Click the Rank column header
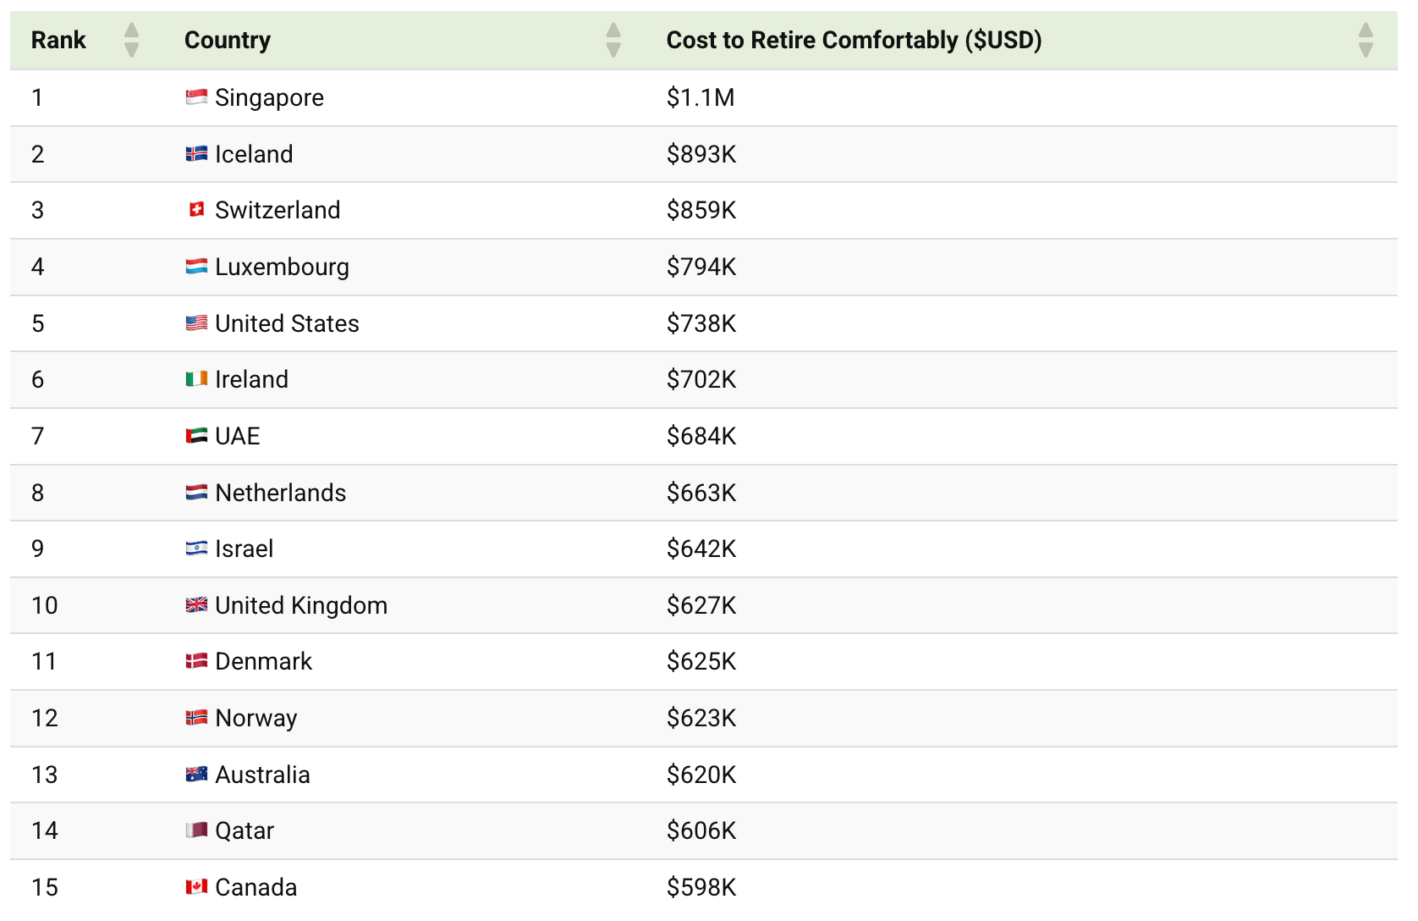(x=58, y=40)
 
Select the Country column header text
(x=228, y=40)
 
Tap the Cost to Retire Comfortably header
(x=854, y=40)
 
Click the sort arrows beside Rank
(x=132, y=40)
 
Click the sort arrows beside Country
(x=613, y=40)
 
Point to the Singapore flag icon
(x=196, y=97)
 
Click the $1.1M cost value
(x=701, y=97)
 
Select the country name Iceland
(x=254, y=154)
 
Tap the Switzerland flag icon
(x=196, y=210)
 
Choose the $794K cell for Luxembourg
(x=701, y=267)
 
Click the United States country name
(x=287, y=323)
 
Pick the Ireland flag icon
(x=196, y=378)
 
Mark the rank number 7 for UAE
(x=37, y=436)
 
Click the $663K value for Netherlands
(x=701, y=492)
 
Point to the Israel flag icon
(x=196, y=548)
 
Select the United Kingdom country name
(x=301, y=605)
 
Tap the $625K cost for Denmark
(x=701, y=661)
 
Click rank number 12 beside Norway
(x=44, y=718)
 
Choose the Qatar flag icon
(x=196, y=830)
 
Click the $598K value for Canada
(x=701, y=887)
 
